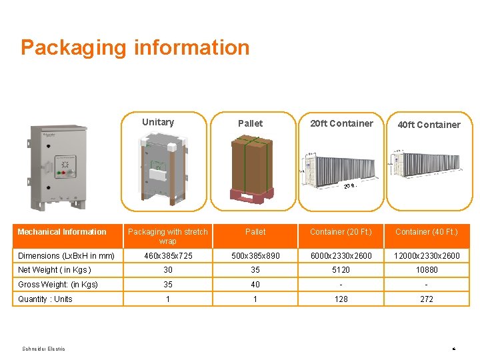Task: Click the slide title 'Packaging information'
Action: point(135,47)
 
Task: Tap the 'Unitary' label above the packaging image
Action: point(158,122)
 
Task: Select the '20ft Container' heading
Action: point(341,123)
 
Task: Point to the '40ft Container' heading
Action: point(429,125)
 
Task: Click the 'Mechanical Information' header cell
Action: point(62,232)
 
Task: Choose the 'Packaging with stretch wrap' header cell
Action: point(167,236)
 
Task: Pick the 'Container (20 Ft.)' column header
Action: point(341,232)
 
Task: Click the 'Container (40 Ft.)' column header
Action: point(427,232)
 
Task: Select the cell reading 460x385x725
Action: point(168,256)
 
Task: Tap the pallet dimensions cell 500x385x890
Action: point(255,256)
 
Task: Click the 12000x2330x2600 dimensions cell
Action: point(427,256)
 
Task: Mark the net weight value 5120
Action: point(341,270)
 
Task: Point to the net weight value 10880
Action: point(427,270)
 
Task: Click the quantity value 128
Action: point(341,299)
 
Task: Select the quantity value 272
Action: point(427,299)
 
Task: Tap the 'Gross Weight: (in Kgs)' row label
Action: point(58,285)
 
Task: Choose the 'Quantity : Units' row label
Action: point(45,299)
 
